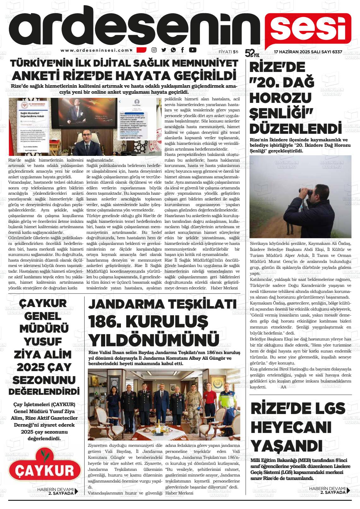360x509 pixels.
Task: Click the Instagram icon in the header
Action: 154,50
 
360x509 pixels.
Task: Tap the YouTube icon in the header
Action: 192,50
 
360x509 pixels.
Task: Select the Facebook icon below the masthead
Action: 183,50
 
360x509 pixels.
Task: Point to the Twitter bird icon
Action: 164,50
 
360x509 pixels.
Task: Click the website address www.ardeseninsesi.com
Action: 95,50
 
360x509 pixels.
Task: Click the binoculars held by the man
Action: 304,191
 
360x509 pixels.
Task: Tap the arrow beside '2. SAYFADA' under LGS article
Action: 348,490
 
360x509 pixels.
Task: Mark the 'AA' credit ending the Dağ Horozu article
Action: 283,388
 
